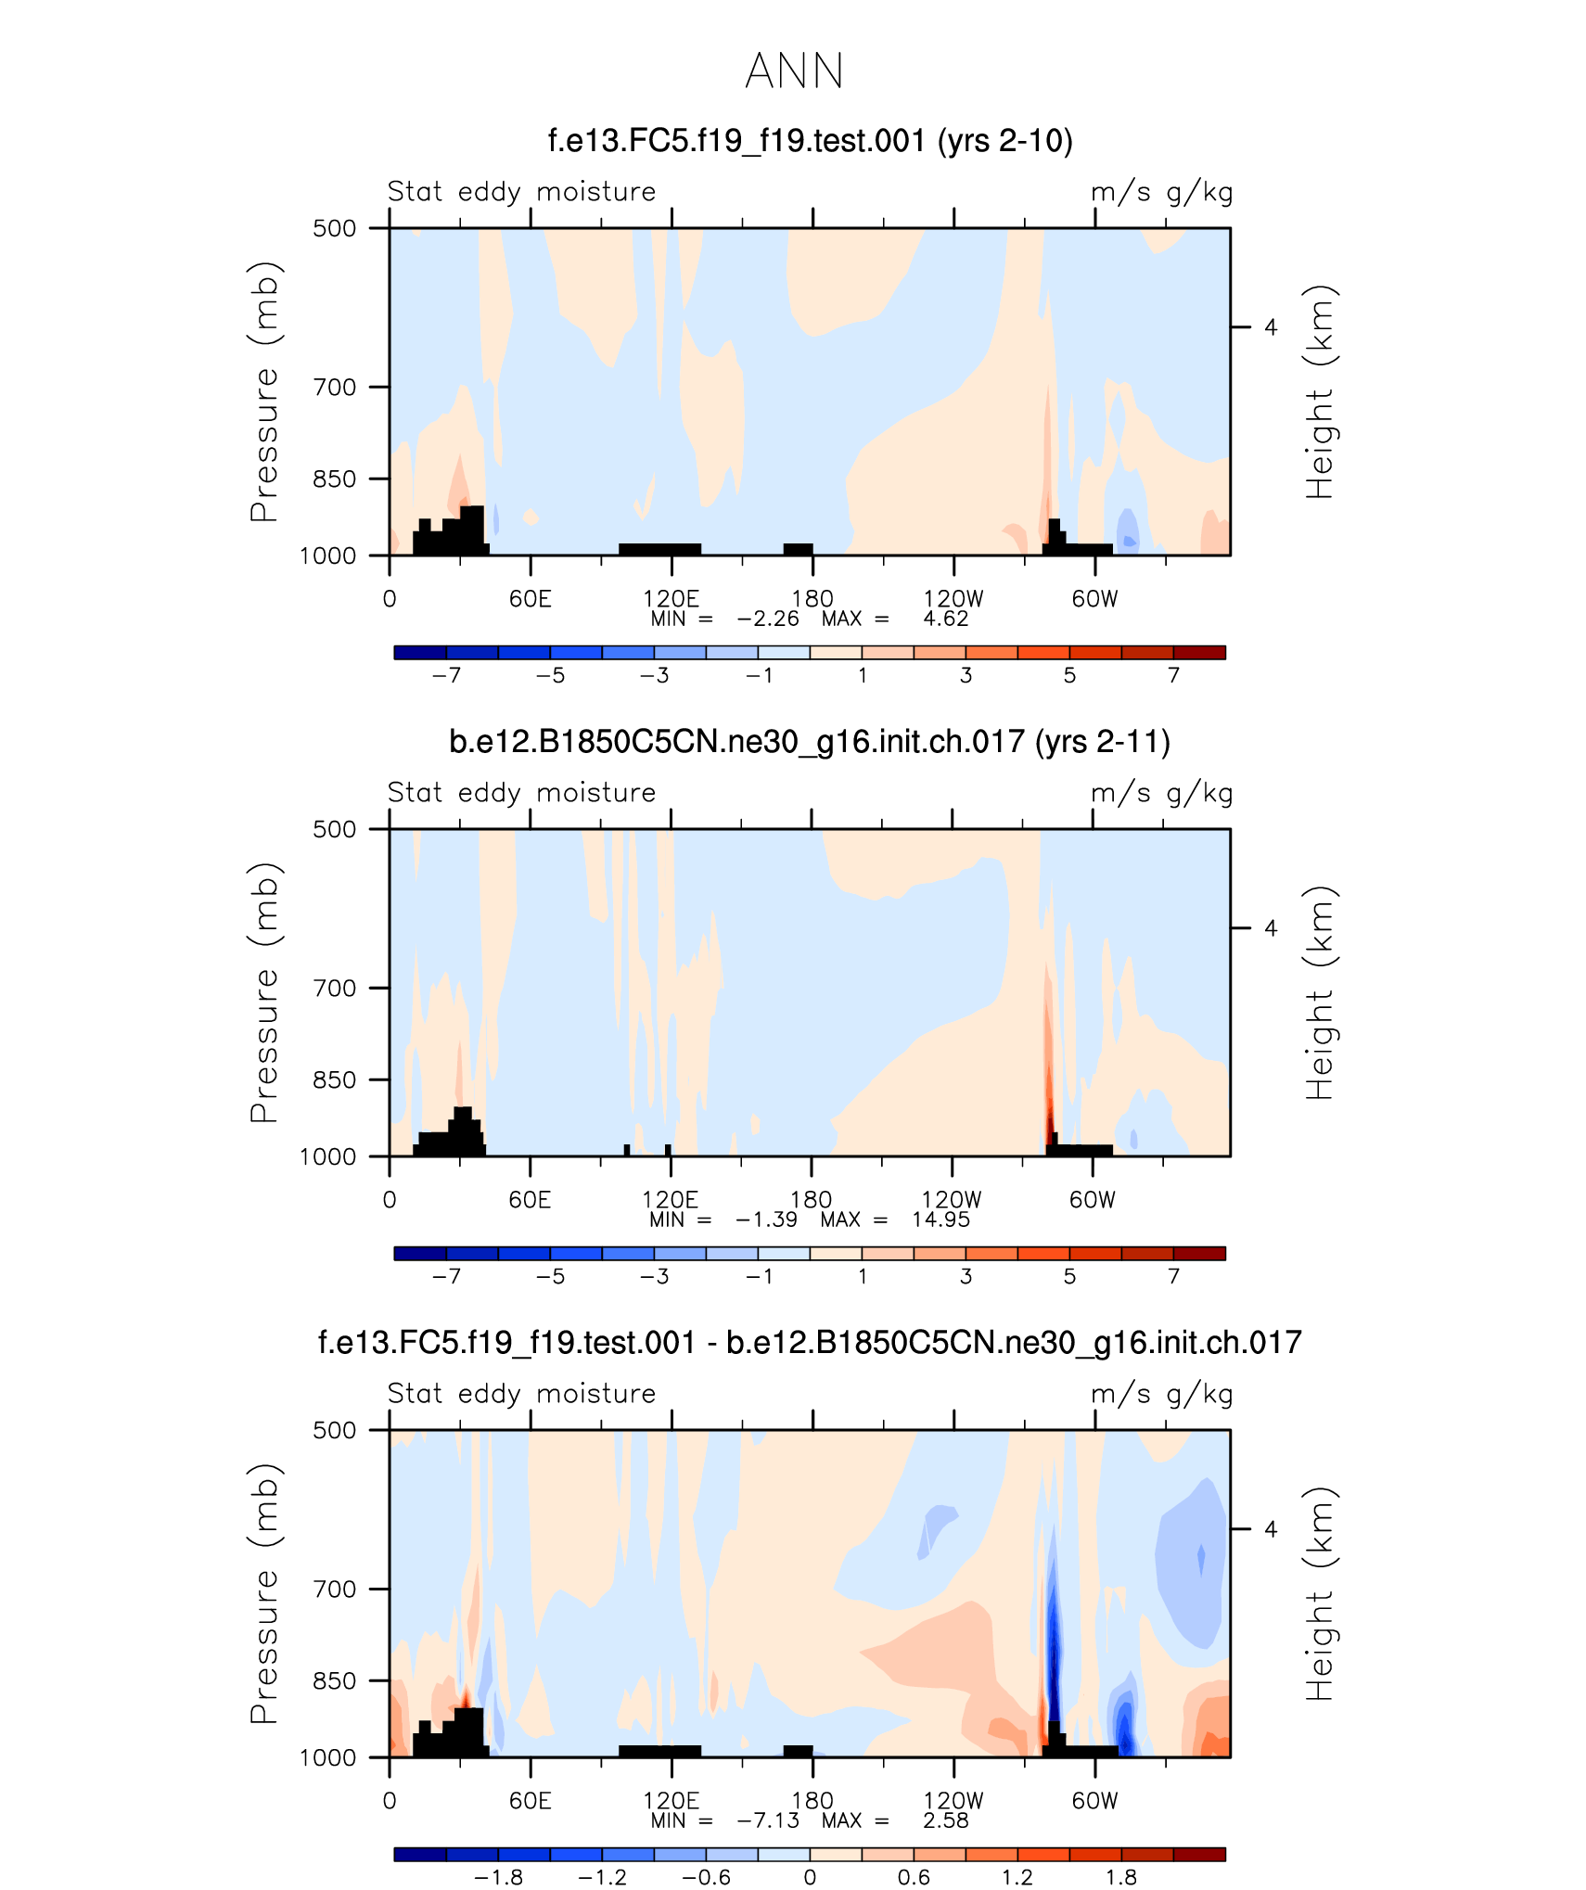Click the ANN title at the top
point(794,71)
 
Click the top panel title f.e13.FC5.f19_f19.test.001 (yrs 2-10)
point(810,141)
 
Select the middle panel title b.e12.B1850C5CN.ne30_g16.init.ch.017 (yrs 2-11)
point(809,742)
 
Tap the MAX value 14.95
point(940,1220)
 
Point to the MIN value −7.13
point(768,1820)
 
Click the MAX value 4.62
point(945,619)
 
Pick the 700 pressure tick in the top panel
point(335,387)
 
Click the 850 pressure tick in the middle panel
point(335,1079)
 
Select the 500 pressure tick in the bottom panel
point(335,1430)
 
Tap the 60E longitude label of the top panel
point(530,599)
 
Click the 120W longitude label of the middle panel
point(951,1200)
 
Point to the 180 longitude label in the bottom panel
point(812,1801)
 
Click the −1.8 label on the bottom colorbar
point(498,1878)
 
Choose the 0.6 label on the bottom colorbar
point(914,1878)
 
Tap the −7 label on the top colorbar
point(446,676)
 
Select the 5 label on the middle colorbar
point(1069,1277)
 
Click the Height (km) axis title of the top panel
point(1319,391)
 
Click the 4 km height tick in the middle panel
point(1271,928)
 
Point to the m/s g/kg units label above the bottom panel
point(1161,1394)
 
